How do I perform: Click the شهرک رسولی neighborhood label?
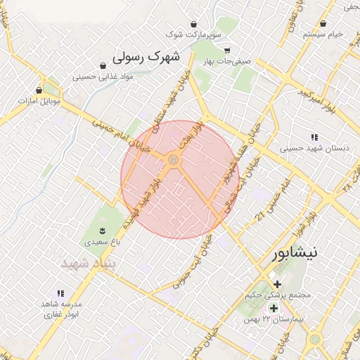tap(146, 56)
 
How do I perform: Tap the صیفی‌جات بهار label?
tap(226, 61)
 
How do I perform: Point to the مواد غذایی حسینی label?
tap(98, 77)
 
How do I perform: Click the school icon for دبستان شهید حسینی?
tap(314, 136)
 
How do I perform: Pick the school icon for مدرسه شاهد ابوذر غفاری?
tap(60, 293)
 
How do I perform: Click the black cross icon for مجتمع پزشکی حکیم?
tap(277, 285)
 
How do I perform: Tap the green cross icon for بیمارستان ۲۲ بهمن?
tap(274, 308)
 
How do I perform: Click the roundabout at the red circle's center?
tap(173, 162)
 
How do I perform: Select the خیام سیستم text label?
tap(323, 34)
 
